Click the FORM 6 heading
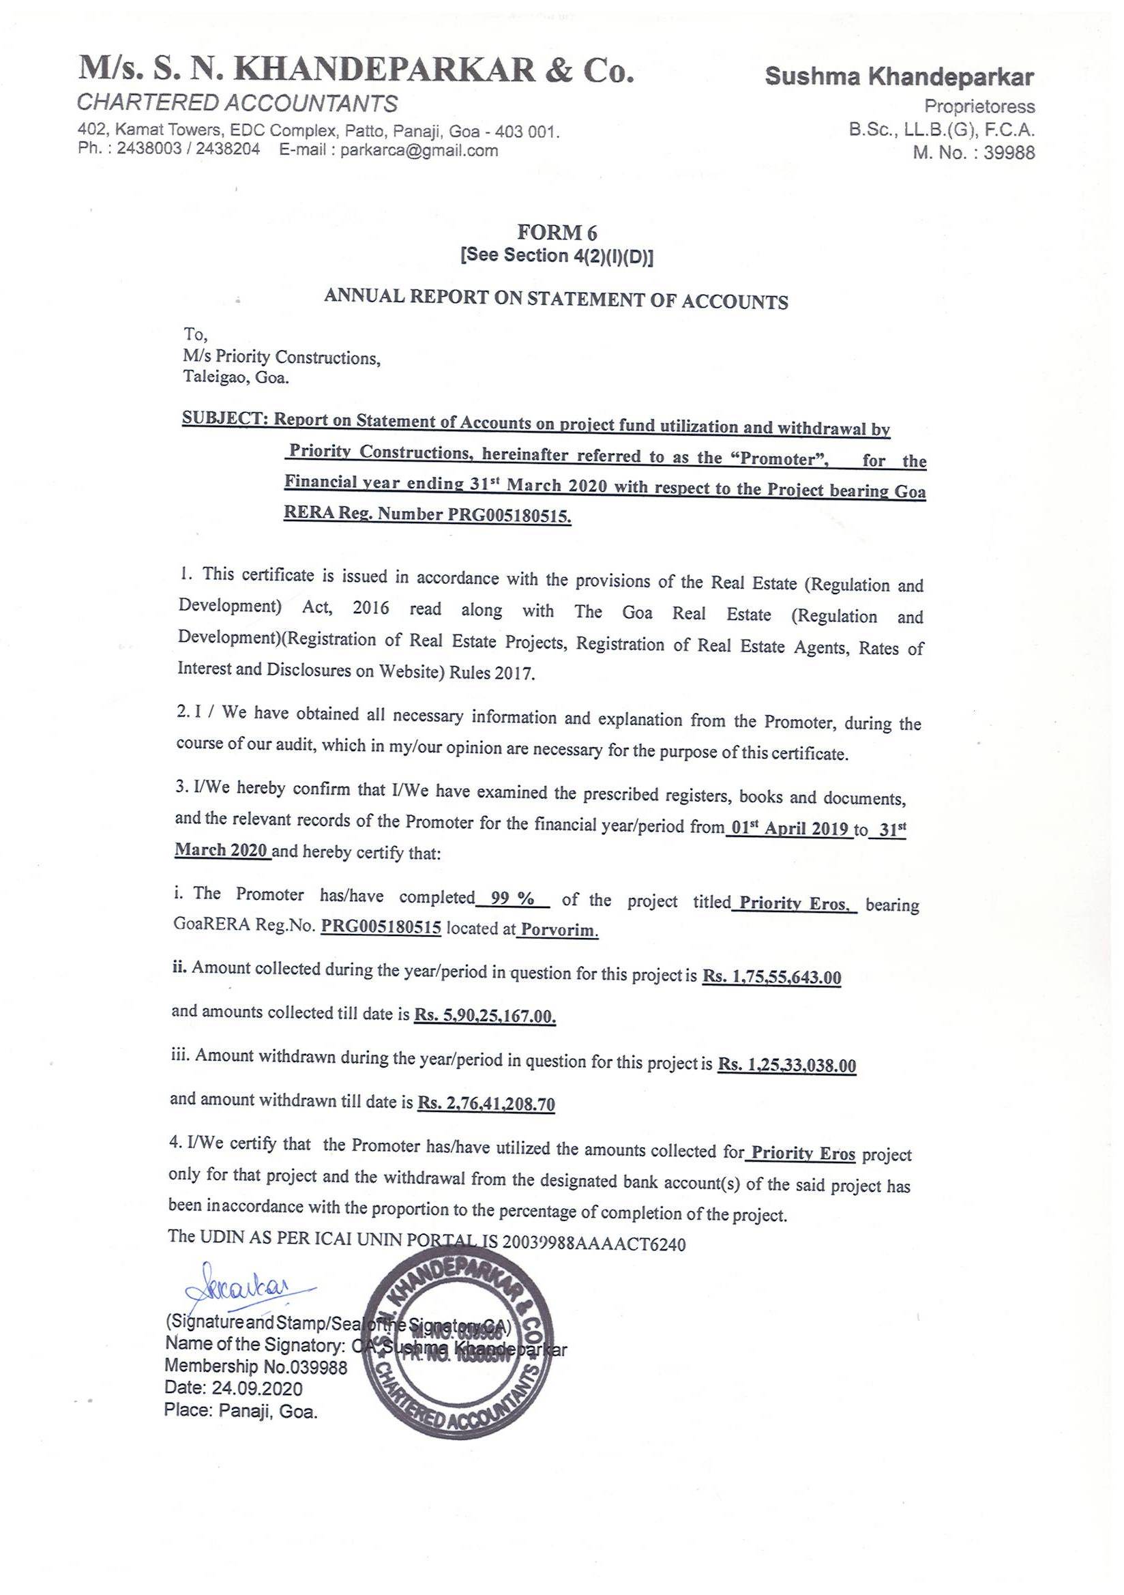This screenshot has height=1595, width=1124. [x=557, y=232]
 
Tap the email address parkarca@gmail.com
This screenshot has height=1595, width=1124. [x=419, y=150]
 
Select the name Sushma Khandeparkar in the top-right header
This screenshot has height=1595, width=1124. [x=899, y=77]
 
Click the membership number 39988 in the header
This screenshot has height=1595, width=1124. [x=1009, y=153]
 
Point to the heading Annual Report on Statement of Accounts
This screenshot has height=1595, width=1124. [x=556, y=299]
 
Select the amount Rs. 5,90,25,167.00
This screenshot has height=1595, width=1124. [x=485, y=1016]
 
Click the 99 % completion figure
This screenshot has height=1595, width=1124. [x=512, y=899]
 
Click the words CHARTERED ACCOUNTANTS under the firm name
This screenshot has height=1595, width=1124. [x=237, y=104]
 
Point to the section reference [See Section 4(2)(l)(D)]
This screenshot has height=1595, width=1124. [x=557, y=256]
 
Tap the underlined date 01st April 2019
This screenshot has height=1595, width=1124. [x=790, y=828]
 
